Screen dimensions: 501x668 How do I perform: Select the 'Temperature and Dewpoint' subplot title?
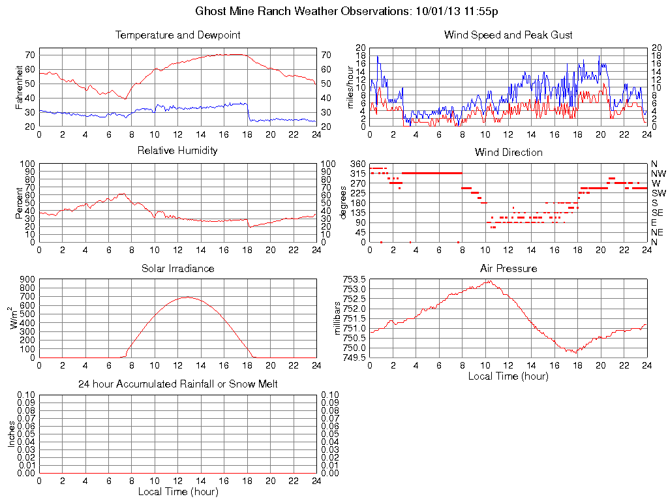pyautogui.click(x=177, y=35)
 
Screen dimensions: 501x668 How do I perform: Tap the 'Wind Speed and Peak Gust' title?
pyautogui.click(x=508, y=35)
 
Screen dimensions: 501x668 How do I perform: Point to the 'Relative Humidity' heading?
pyautogui.click(x=177, y=151)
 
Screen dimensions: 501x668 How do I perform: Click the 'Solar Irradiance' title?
pyautogui.click(x=177, y=269)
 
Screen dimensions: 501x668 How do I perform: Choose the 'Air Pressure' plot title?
pyautogui.click(x=508, y=269)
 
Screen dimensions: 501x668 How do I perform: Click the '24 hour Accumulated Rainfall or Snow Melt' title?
pyautogui.click(x=177, y=384)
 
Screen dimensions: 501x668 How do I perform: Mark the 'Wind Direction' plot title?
pyautogui.click(x=508, y=153)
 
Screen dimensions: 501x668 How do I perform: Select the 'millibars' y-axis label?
pyautogui.click(x=337, y=317)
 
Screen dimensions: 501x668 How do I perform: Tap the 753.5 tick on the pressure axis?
pyautogui.click(x=354, y=279)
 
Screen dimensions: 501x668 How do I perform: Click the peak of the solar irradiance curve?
pyautogui.click(x=187, y=297)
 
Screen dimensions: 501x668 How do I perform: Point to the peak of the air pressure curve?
pyautogui.click(x=488, y=281)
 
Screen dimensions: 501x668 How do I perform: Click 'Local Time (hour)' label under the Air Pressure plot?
pyautogui.click(x=508, y=376)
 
